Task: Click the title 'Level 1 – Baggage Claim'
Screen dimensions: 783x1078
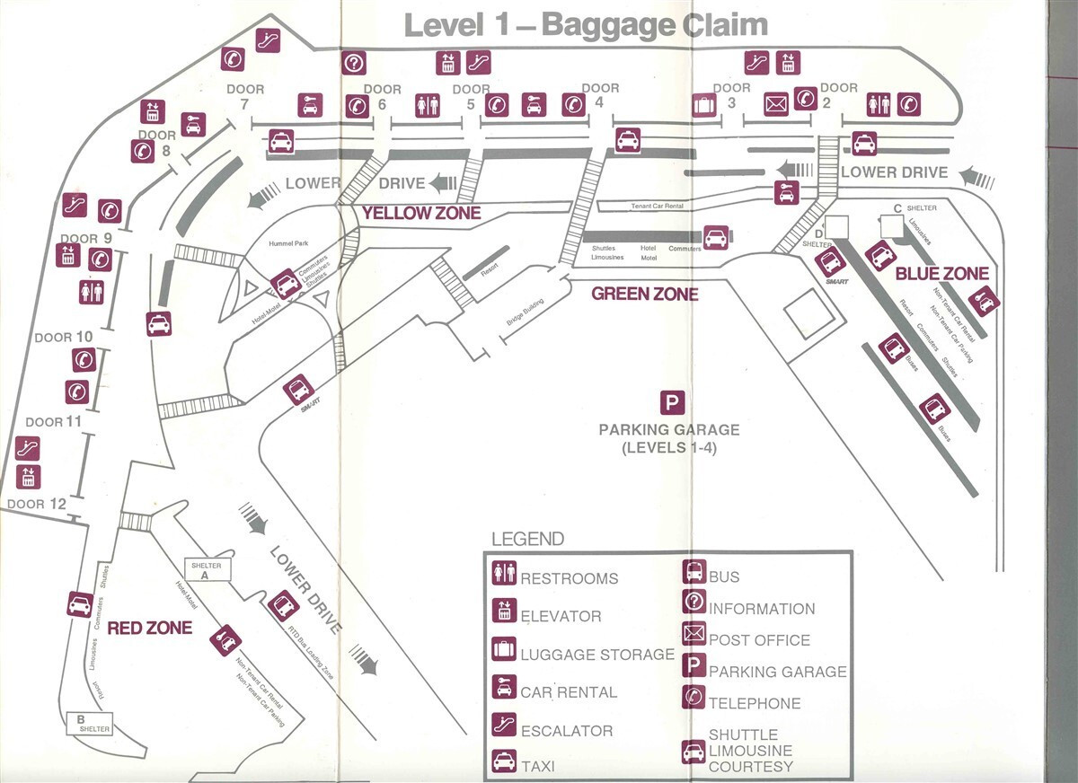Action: [x=586, y=24]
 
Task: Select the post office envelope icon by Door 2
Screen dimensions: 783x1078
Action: [x=776, y=104]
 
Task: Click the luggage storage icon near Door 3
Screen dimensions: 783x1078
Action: [x=704, y=105]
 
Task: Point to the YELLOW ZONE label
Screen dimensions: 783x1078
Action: [x=421, y=214]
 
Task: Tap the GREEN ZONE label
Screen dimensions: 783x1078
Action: [x=644, y=294]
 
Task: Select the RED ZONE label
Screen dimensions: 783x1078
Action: [x=149, y=628]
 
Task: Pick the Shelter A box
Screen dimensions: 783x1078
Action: [x=207, y=570]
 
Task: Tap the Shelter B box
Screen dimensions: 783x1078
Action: [x=89, y=724]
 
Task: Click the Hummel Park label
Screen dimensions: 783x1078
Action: [x=288, y=243]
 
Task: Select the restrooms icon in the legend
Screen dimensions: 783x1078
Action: [x=503, y=572]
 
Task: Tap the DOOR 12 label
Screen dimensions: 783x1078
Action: [x=38, y=504]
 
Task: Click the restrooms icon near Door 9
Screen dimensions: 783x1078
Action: [x=92, y=292]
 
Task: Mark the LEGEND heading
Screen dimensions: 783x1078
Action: [x=528, y=539]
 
